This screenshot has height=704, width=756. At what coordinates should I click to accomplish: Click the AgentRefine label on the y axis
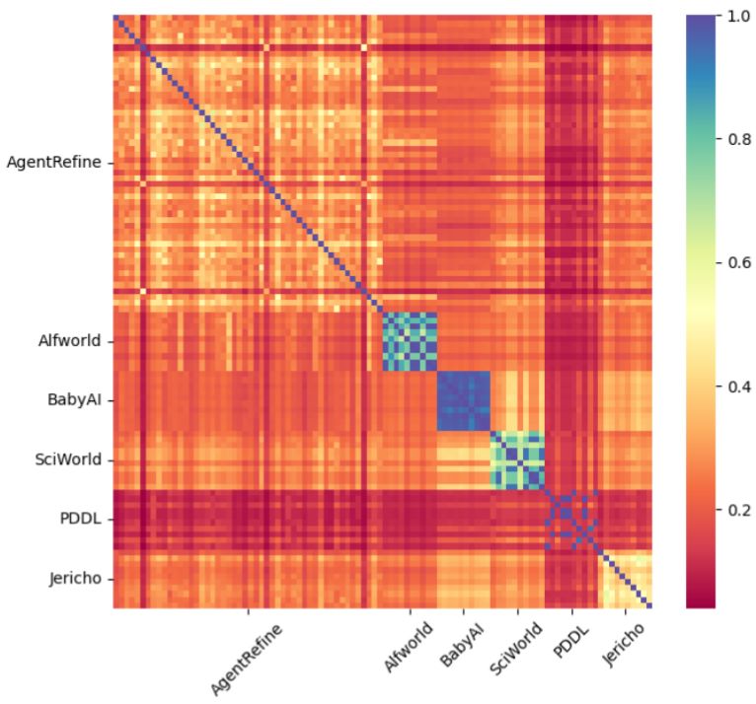[53, 163]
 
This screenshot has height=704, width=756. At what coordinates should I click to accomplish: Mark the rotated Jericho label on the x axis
[624, 646]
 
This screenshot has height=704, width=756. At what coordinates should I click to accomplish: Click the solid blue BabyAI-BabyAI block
[463, 401]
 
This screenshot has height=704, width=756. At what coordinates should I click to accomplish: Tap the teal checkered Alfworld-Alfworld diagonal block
[410, 341]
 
